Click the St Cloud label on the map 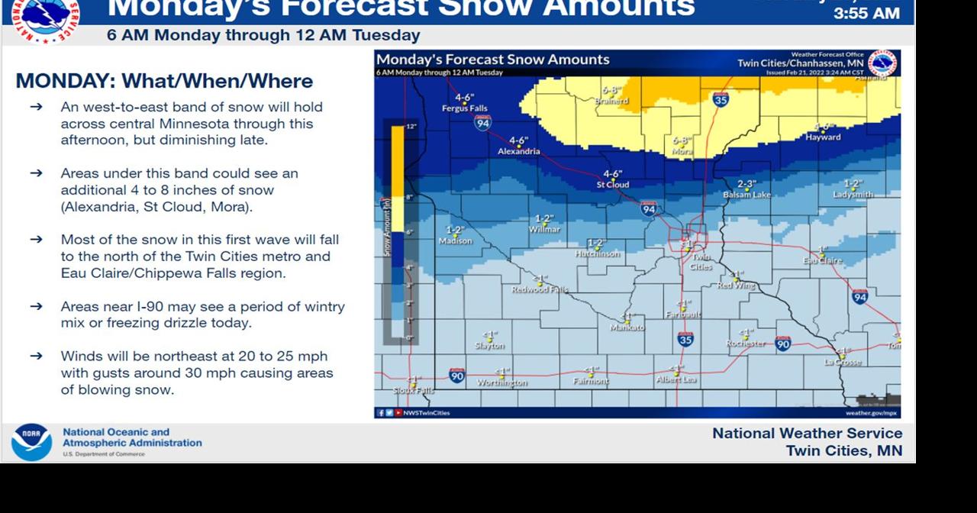pyautogui.click(x=612, y=185)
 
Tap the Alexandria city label pyautogui.click(x=518, y=151)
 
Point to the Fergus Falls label pyautogui.click(x=464, y=108)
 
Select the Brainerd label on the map pyautogui.click(x=611, y=101)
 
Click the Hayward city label pyautogui.click(x=823, y=137)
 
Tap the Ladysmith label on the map pyautogui.click(x=853, y=195)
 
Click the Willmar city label pyautogui.click(x=545, y=229)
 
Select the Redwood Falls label pyautogui.click(x=540, y=290)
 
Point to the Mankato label pyautogui.click(x=627, y=327)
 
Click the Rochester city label pyautogui.click(x=746, y=344)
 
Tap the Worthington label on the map pyautogui.click(x=502, y=382)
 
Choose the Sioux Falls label pyautogui.click(x=413, y=391)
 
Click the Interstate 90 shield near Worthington pyautogui.click(x=456, y=376)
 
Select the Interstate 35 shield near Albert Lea pyautogui.click(x=685, y=337)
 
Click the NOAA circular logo pyautogui.click(x=32, y=442)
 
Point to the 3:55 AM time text pyautogui.click(x=866, y=14)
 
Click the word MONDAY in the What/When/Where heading pyautogui.click(x=64, y=81)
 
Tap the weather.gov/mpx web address pyautogui.click(x=871, y=413)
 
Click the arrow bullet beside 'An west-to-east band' pyautogui.click(x=36, y=108)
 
